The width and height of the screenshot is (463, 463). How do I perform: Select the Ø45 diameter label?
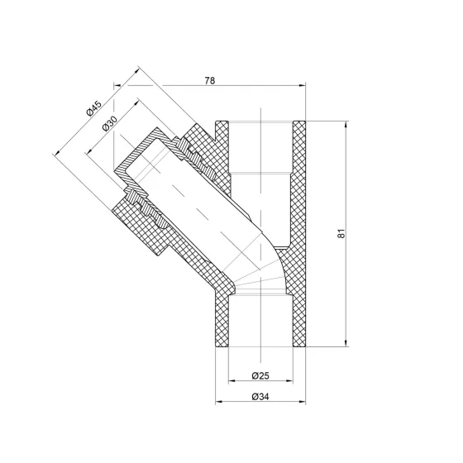click(x=92, y=107)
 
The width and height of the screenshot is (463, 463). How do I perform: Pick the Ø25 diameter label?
click(x=261, y=376)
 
